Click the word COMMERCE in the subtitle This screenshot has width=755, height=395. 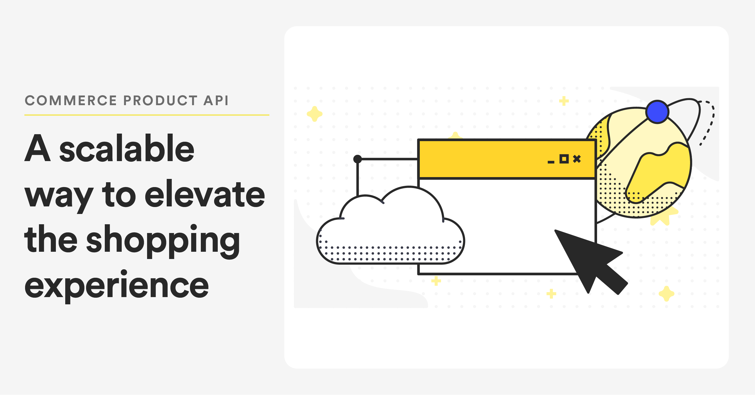pos(71,101)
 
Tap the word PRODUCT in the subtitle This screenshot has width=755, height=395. pos(160,101)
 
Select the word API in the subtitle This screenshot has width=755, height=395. pos(216,101)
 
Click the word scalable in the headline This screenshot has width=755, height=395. pos(127,149)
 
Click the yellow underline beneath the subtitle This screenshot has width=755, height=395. pos(147,115)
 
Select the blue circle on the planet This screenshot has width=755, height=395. pos(657,112)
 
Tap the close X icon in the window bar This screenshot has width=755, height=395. pos(577,159)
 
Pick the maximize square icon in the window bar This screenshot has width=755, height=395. pos(564,159)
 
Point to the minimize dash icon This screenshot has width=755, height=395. pos(551,162)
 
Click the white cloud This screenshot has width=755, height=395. pos(390,230)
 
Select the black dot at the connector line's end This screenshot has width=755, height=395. pos(358,159)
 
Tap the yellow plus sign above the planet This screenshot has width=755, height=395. pos(564,101)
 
